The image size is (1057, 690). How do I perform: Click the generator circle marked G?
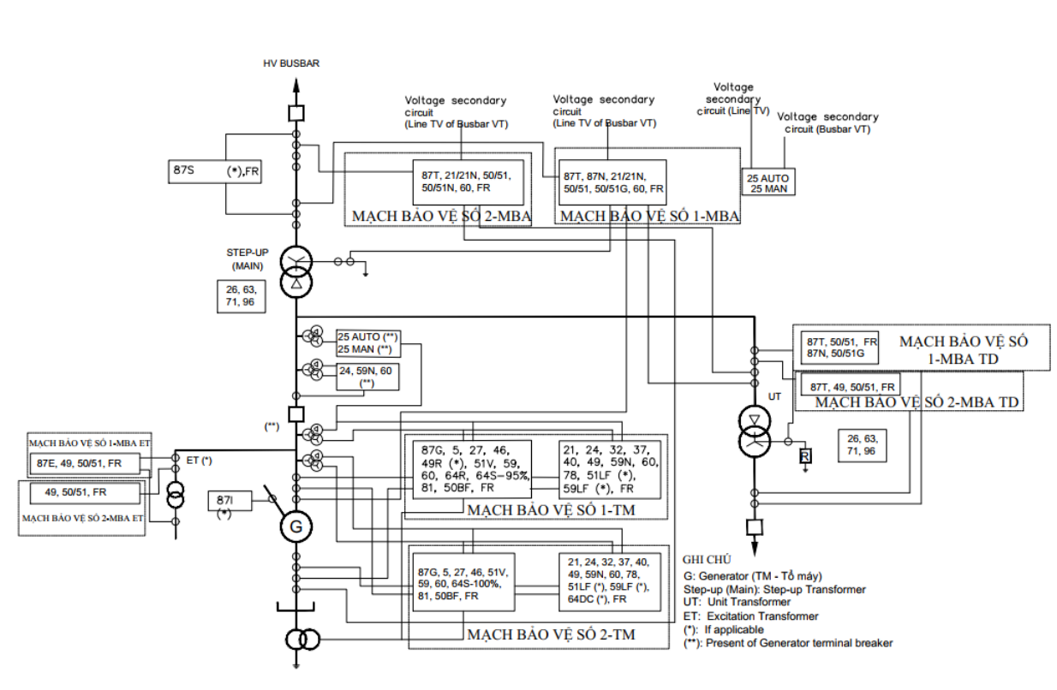(x=296, y=526)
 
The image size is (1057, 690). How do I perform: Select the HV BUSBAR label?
(x=291, y=63)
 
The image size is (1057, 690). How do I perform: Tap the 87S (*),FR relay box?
(x=215, y=172)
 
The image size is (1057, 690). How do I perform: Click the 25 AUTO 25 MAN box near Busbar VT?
(x=768, y=182)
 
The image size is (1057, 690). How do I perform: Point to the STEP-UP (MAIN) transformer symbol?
(x=296, y=271)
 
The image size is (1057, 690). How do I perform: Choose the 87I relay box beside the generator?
(x=230, y=501)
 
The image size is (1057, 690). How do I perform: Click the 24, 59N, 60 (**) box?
(x=367, y=377)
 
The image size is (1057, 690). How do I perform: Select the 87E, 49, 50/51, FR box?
(x=85, y=464)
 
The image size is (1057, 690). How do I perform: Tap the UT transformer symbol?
(x=755, y=431)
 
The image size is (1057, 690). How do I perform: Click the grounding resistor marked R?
(x=805, y=456)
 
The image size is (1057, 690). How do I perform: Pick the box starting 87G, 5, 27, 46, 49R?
(x=472, y=469)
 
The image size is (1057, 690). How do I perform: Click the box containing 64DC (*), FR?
(x=610, y=582)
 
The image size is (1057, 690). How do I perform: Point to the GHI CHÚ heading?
(x=707, y=560)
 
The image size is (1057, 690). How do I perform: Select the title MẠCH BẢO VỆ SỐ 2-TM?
(x=551, y=635)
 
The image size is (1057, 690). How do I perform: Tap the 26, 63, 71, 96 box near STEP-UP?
(x=242, y=296)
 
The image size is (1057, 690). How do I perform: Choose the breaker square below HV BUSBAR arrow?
(x=296, y=113)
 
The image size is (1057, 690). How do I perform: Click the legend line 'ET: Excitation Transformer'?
(x=750, y=616)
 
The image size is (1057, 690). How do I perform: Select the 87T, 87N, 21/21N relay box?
(x=612, y=182)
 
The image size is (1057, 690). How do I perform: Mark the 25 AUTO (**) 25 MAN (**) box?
(x=368, y=343)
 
